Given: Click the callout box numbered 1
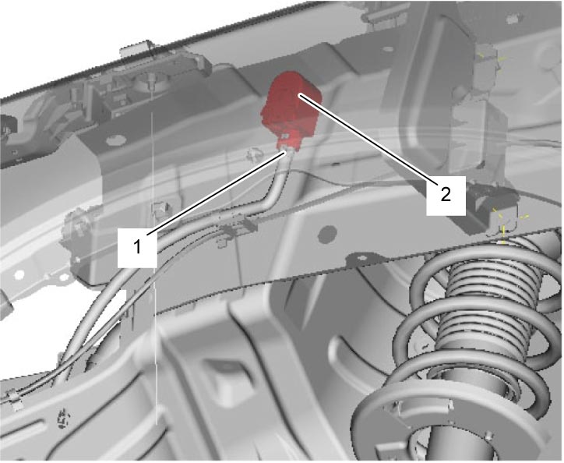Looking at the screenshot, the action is [x=137, y=247].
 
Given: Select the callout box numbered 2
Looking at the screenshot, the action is [x=446, y=196].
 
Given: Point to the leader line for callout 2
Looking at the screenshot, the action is [x=368, y=139].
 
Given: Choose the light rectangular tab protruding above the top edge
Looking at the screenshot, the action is [x=135, y=49].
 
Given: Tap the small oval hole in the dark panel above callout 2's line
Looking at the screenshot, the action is [x=388, y=48].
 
